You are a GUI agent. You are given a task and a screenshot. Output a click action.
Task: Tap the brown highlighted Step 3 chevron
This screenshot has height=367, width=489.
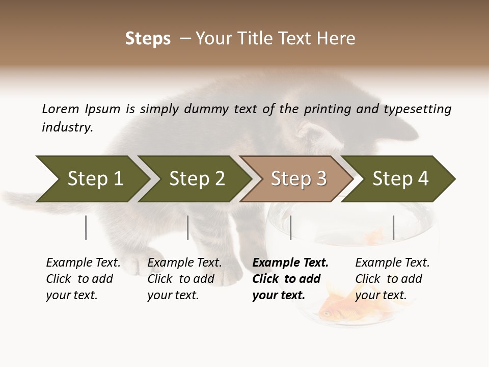click(x=298, y=179)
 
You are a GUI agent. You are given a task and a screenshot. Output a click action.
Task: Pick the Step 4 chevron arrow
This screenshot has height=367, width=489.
click(x=400, y=179)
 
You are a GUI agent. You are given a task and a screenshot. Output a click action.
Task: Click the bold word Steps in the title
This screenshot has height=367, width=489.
click(x=148, y=39)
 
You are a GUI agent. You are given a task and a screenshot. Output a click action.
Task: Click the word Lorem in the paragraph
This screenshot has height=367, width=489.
click(x=60, y=109)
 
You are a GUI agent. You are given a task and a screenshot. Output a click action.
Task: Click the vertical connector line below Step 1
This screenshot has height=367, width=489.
click(x=86, y=227)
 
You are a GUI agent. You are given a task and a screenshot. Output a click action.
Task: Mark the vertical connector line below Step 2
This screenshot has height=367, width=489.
click(x=188, y=227)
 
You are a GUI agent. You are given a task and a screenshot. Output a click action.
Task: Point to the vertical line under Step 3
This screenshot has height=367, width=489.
click(x=290, y=227)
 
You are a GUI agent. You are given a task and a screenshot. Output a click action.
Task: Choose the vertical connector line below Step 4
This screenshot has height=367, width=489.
click(x=393, y=227)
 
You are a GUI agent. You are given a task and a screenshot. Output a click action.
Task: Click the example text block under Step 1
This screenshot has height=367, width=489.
click(x=83, y=279)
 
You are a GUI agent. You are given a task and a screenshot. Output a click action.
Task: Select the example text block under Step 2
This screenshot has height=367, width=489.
click(x=184, y=279)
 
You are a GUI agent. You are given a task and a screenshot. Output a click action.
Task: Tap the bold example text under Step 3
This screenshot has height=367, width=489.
click(x=290, y=279)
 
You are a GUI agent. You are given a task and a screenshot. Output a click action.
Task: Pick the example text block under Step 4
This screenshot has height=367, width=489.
click(x=392, y=279)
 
